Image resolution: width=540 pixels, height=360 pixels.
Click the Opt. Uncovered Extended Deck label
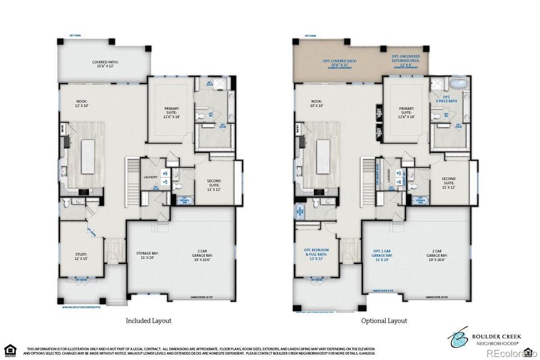point(405,60)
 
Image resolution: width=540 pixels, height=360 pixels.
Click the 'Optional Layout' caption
point(384,321)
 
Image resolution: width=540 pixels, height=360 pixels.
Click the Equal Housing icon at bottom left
point(9,350)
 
